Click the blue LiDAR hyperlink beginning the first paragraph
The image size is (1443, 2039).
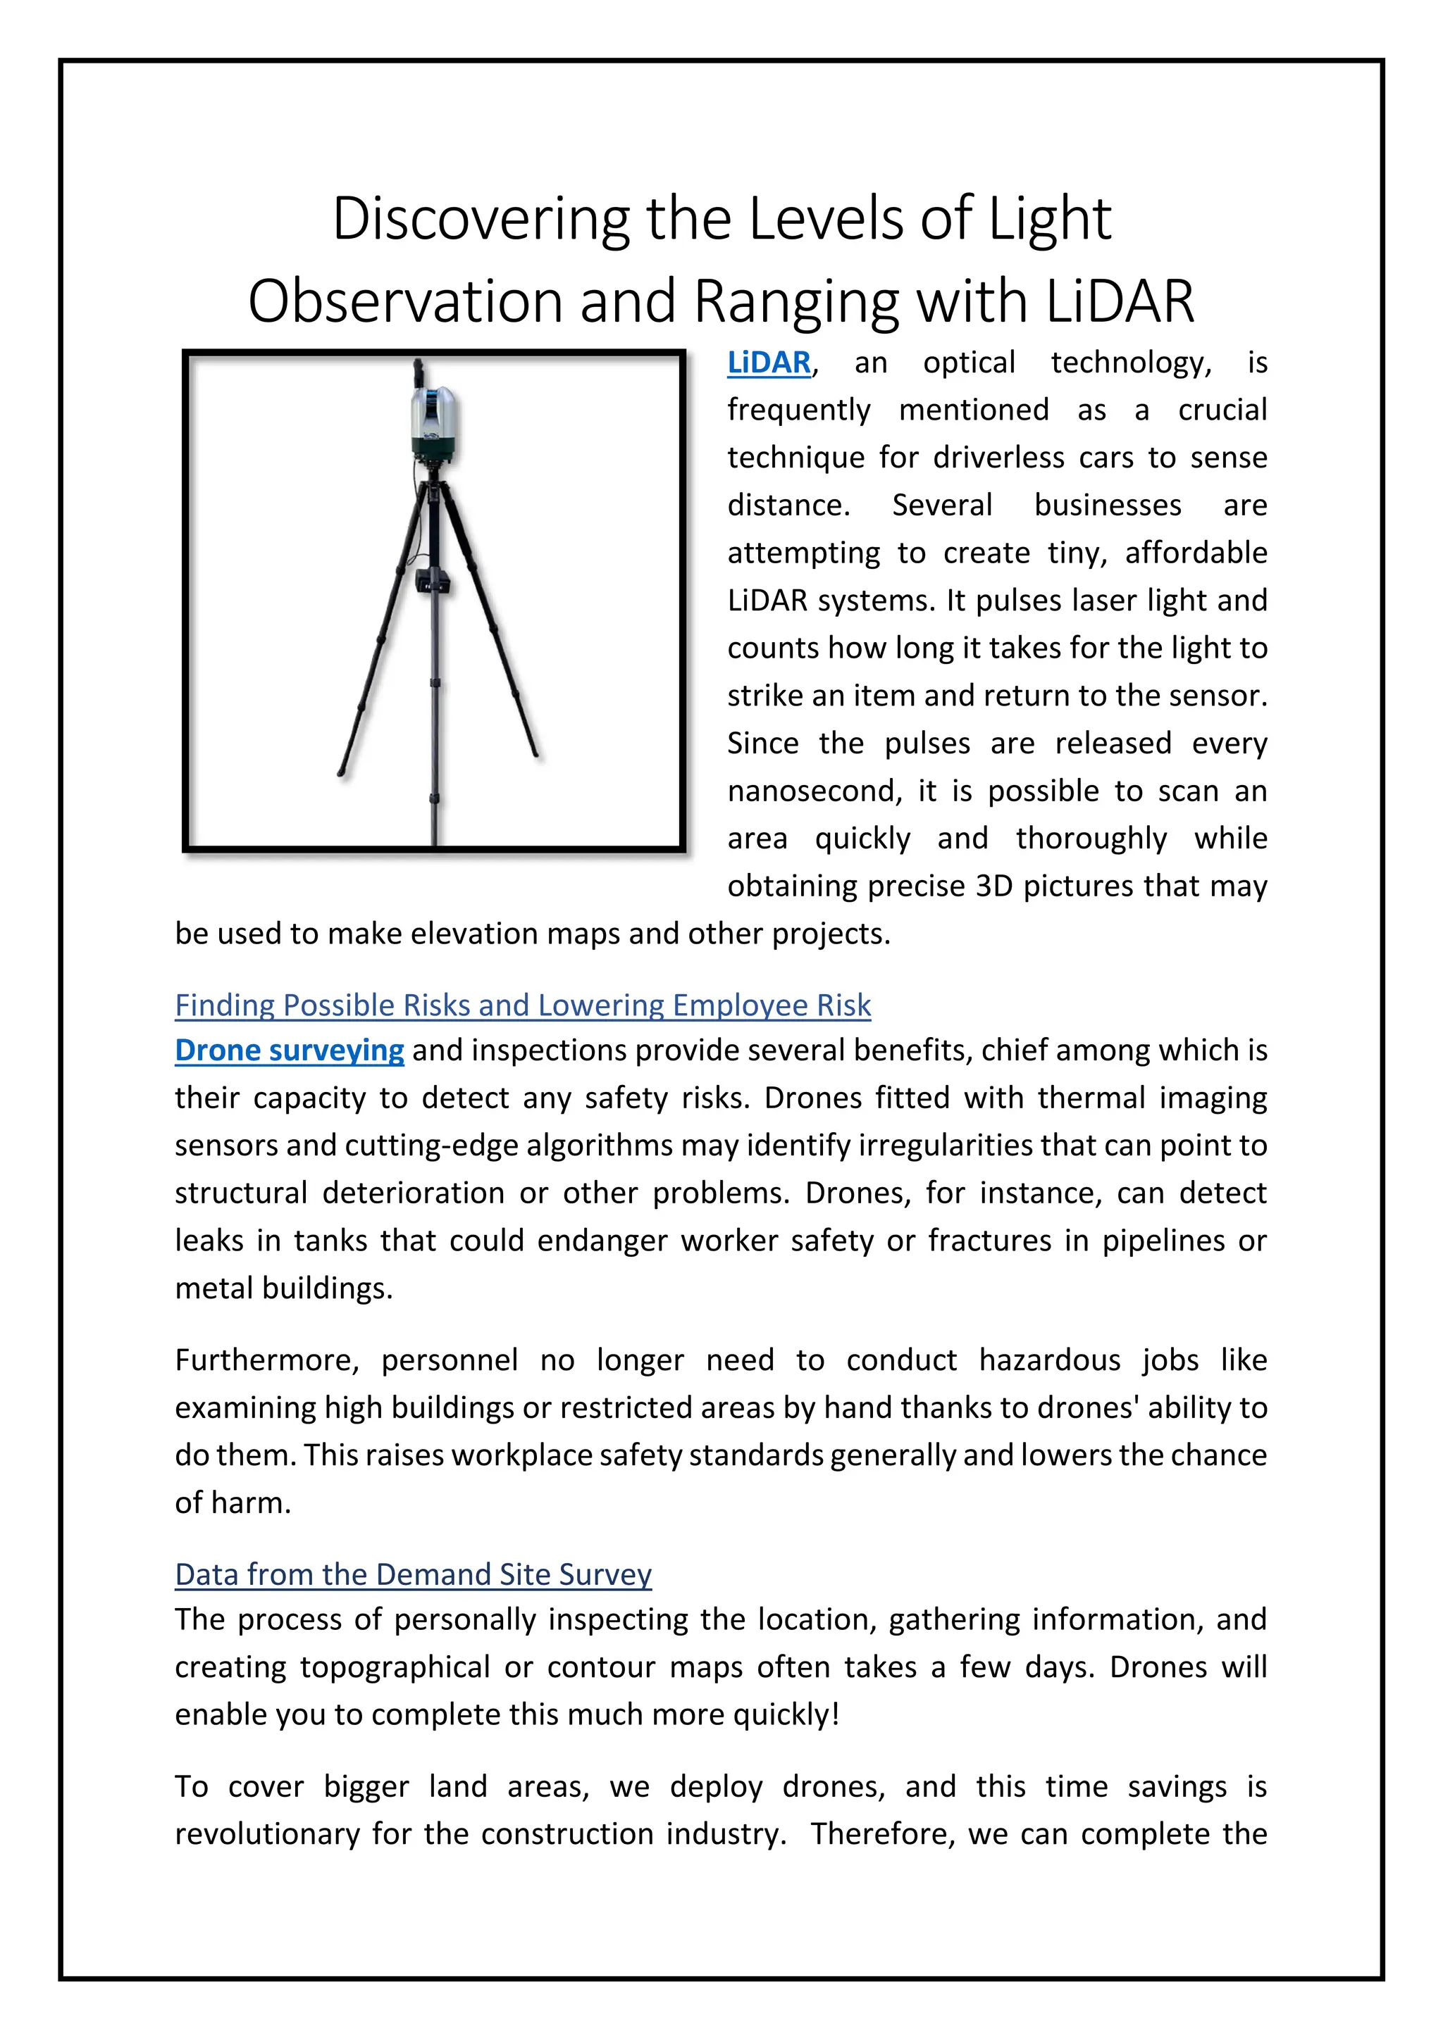point(769,363)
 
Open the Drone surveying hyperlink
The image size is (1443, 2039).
point(289,1050)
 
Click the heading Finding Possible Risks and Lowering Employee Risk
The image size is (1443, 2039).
point(523,1005)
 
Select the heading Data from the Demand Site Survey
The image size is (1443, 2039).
point(413,1574)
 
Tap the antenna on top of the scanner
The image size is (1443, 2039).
point(419,373)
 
